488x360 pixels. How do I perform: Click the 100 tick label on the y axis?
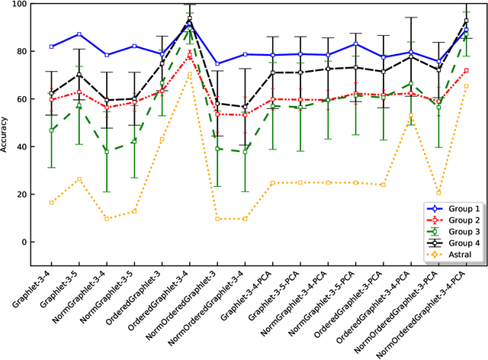pos(18,4)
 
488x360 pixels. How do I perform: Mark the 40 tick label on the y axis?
pos(21,147)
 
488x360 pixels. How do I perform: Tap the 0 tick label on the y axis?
pos(24,243)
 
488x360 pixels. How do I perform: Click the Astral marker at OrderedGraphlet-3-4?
pos(189,75)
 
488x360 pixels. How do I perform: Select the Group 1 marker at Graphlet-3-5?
pos(79,34)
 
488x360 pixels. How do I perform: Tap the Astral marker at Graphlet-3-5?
pos(79,179)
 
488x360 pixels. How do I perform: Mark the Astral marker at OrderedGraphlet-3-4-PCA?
pos(410,116)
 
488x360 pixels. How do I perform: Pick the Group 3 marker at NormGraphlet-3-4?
pos(106,152)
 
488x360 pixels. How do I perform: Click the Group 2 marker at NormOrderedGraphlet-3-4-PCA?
pos(466,71)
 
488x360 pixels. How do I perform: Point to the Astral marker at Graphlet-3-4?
pos(51,203)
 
